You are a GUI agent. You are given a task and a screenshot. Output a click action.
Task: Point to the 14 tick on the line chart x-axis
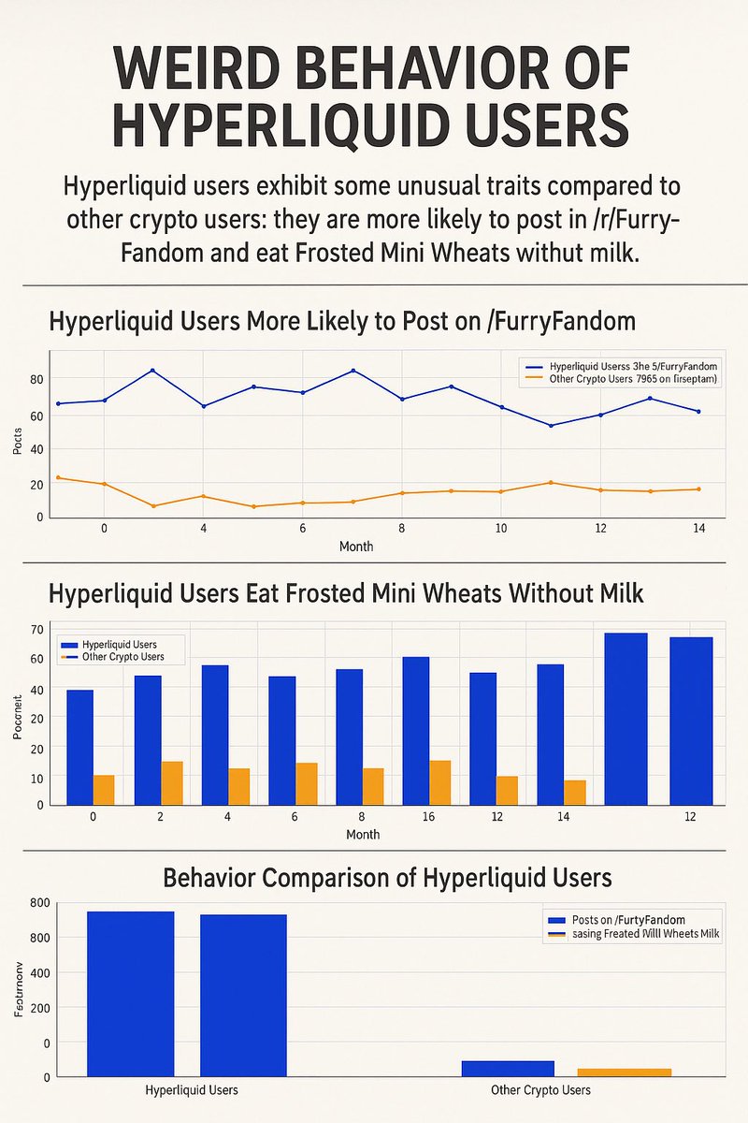(698, 529)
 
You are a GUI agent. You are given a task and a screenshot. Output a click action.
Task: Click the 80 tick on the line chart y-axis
(36, 379)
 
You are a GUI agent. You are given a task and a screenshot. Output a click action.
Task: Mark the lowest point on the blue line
(551, 426)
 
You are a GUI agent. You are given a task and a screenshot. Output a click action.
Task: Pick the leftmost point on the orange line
(58, 477)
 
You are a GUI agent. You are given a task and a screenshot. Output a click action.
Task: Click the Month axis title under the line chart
(356, 546)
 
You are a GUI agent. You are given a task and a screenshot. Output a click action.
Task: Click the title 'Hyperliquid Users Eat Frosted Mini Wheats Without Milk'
(346, 594)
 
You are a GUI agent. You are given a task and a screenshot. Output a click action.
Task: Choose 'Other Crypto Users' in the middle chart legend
(122, 657)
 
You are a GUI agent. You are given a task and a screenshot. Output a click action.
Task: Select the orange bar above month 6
(307, 783)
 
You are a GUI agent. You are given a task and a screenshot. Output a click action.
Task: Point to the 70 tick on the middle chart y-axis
(36, 628)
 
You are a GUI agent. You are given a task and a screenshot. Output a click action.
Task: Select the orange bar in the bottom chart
(624, 1071)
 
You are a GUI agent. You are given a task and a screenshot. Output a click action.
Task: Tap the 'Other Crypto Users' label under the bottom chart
(540, 1090)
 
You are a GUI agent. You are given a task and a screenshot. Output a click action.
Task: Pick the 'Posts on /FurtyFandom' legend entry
(632, 920)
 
